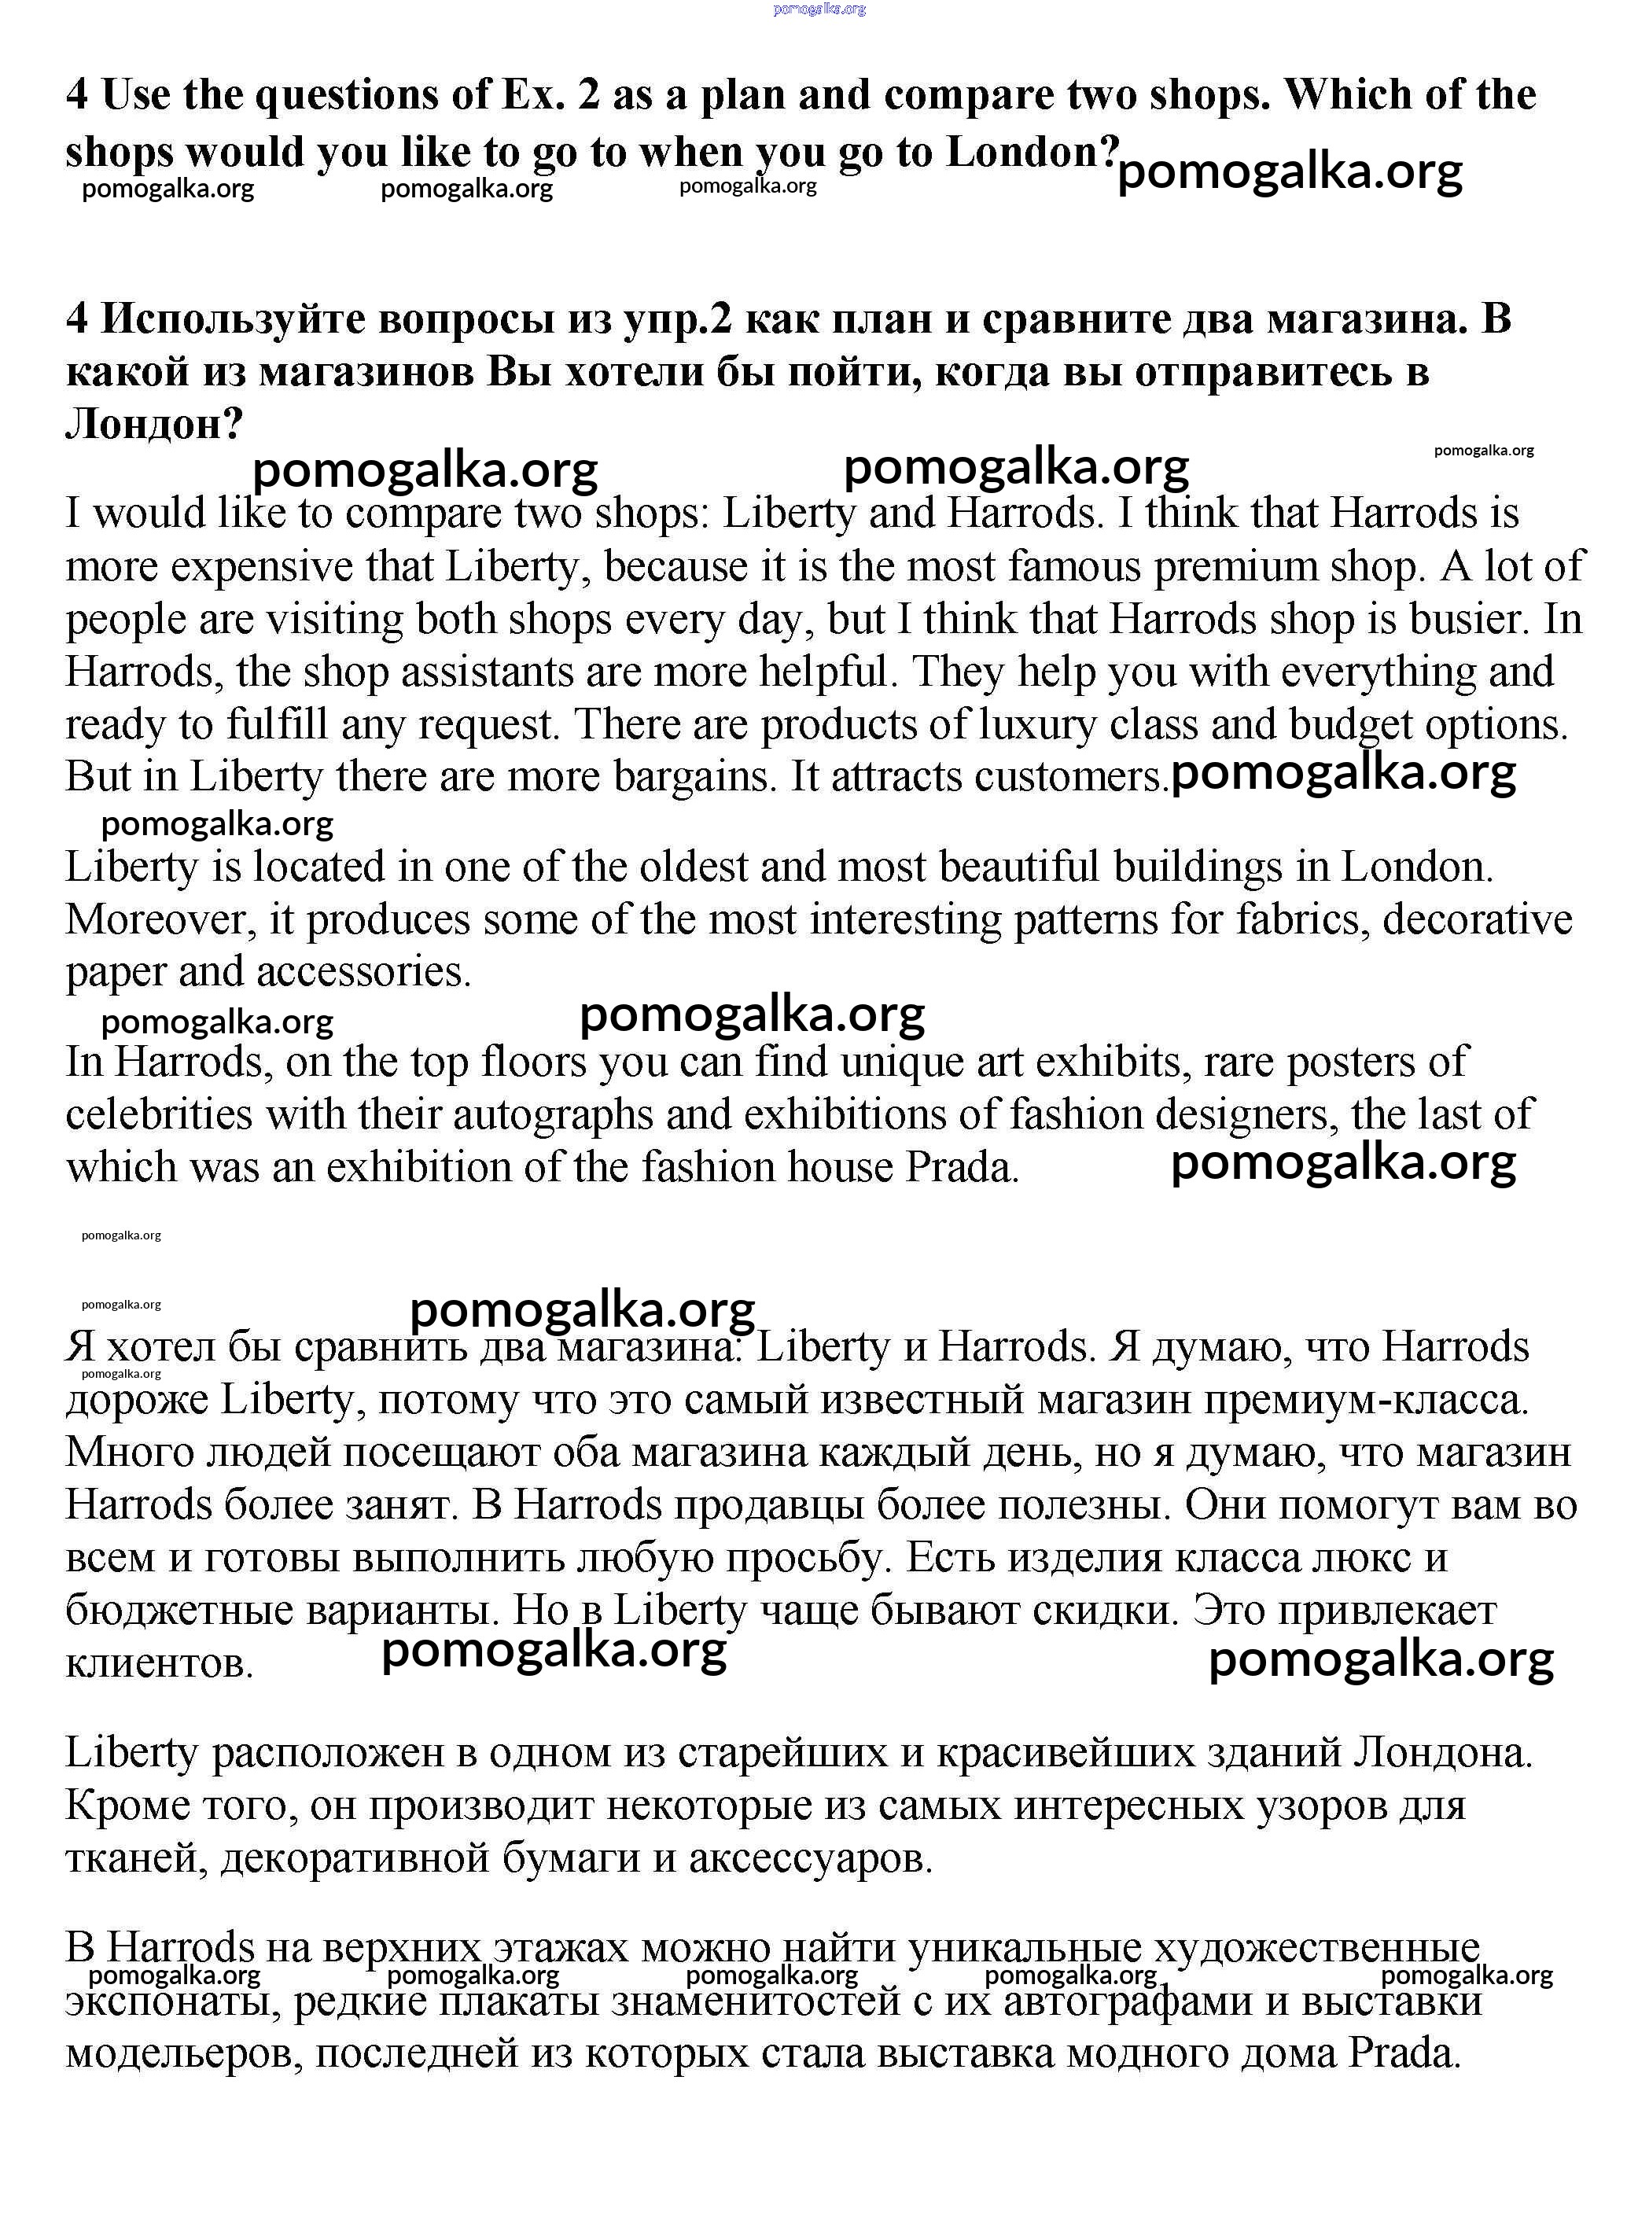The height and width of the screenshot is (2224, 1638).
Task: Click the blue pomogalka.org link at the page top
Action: point(819,9)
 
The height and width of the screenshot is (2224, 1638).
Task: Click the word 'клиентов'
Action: point(159,1662)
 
